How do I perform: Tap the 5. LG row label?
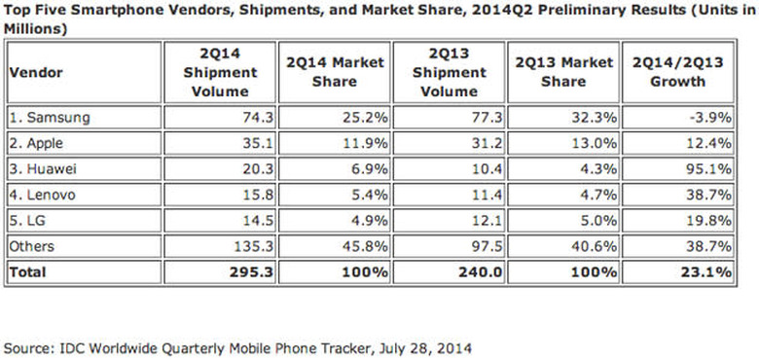(x=30, y=220)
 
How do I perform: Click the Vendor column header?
(x=34, y=71)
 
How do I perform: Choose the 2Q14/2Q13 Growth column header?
(x=678, y=71)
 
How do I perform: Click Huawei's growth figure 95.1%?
(x=709, y=168)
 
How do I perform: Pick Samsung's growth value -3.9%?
(x=709, y=118)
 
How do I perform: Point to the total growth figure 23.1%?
(x=706, y=272)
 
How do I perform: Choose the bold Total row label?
(x=28, y=272)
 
